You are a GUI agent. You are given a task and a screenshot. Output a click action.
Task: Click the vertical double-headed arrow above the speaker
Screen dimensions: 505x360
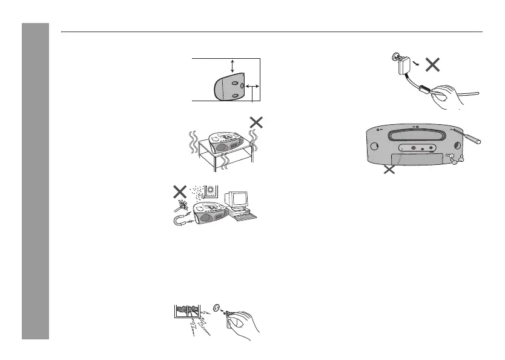point(232,67)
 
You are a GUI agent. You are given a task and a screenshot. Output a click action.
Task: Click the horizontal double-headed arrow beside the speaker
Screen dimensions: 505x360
point(252,88)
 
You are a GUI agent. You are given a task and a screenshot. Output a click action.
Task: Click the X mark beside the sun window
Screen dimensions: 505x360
point(179,191)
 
